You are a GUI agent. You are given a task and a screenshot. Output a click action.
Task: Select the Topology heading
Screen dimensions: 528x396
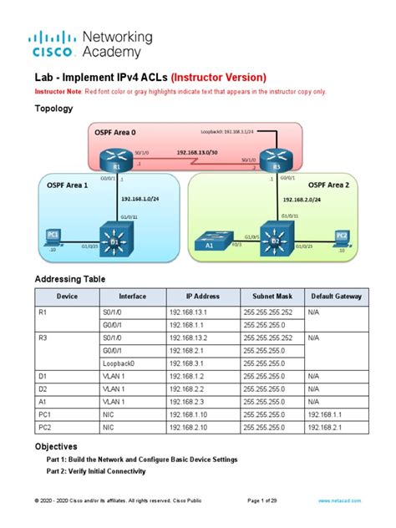(53, 109)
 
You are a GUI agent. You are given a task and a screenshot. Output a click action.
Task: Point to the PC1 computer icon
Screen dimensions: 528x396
(54, 237)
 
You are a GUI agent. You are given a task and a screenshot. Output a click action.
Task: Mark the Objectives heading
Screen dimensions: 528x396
(55, 447)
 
